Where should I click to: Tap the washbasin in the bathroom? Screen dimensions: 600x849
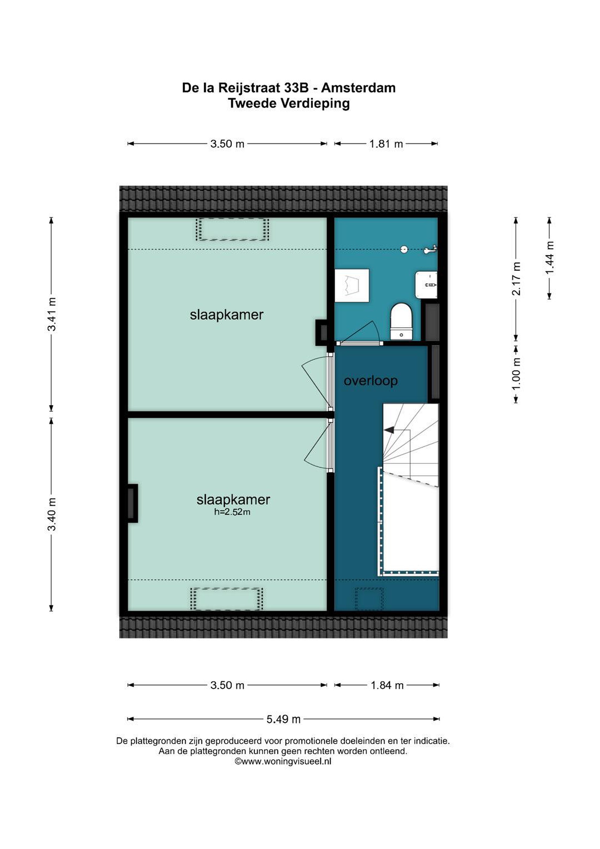click(426, 284)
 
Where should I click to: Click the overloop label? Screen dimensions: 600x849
click(371, 381)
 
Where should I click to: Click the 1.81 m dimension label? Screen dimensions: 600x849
click(386, 144)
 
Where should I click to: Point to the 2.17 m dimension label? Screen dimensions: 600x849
click(516, 279)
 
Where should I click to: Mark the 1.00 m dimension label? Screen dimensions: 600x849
click(516, 374)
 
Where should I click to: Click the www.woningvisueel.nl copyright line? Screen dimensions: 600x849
click(283, 761)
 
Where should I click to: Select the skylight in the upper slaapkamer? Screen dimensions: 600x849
click(233, 229)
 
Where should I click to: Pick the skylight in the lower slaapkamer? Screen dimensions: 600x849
click(227, 599)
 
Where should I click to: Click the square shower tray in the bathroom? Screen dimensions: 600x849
click(352, 285)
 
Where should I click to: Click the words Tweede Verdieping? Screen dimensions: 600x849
click(289, 103)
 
